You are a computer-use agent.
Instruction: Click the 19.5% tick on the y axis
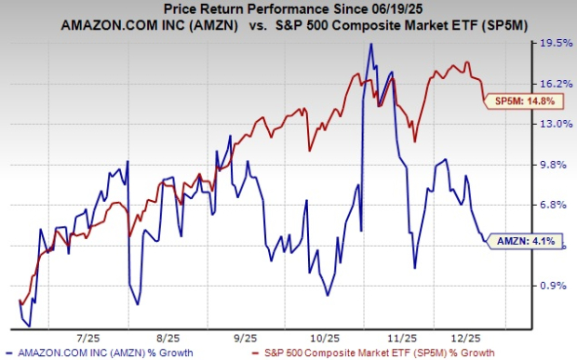click(557, 43)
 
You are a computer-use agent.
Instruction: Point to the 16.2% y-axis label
click(557, 83)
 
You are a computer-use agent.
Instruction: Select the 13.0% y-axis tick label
click(557, 124)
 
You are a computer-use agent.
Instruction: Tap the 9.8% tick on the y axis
click(557, 165)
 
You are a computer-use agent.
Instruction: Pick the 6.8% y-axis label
click(557, 205)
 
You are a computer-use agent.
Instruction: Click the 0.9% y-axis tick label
click(557, 286)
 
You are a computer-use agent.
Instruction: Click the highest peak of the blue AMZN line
click(371, 44)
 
